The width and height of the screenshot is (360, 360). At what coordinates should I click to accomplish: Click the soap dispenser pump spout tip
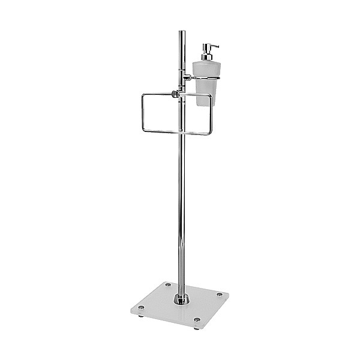pos(217,46)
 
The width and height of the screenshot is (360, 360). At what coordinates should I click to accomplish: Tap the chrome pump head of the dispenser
pos(206,48)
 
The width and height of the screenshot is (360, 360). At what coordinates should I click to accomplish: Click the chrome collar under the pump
pos(205,58)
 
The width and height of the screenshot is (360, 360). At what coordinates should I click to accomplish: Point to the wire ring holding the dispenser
pos(205,77)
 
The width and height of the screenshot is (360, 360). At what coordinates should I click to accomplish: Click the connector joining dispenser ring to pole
pos(187,77)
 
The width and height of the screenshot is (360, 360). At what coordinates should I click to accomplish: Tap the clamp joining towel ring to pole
pos(175,94)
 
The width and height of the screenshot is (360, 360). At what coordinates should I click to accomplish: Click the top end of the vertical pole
pos(181,32)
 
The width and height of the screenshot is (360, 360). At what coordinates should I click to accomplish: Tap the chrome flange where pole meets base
pos(181,299)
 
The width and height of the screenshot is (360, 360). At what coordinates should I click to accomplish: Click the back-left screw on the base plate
pos(167,284)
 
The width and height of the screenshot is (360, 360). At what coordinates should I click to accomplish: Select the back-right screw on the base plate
pos(219,294)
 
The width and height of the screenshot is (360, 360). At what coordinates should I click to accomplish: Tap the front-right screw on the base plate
pos(196,320)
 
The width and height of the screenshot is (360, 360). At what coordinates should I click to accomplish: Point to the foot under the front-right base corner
pos(196,328)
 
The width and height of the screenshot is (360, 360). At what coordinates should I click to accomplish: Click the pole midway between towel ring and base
pos(181,210)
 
